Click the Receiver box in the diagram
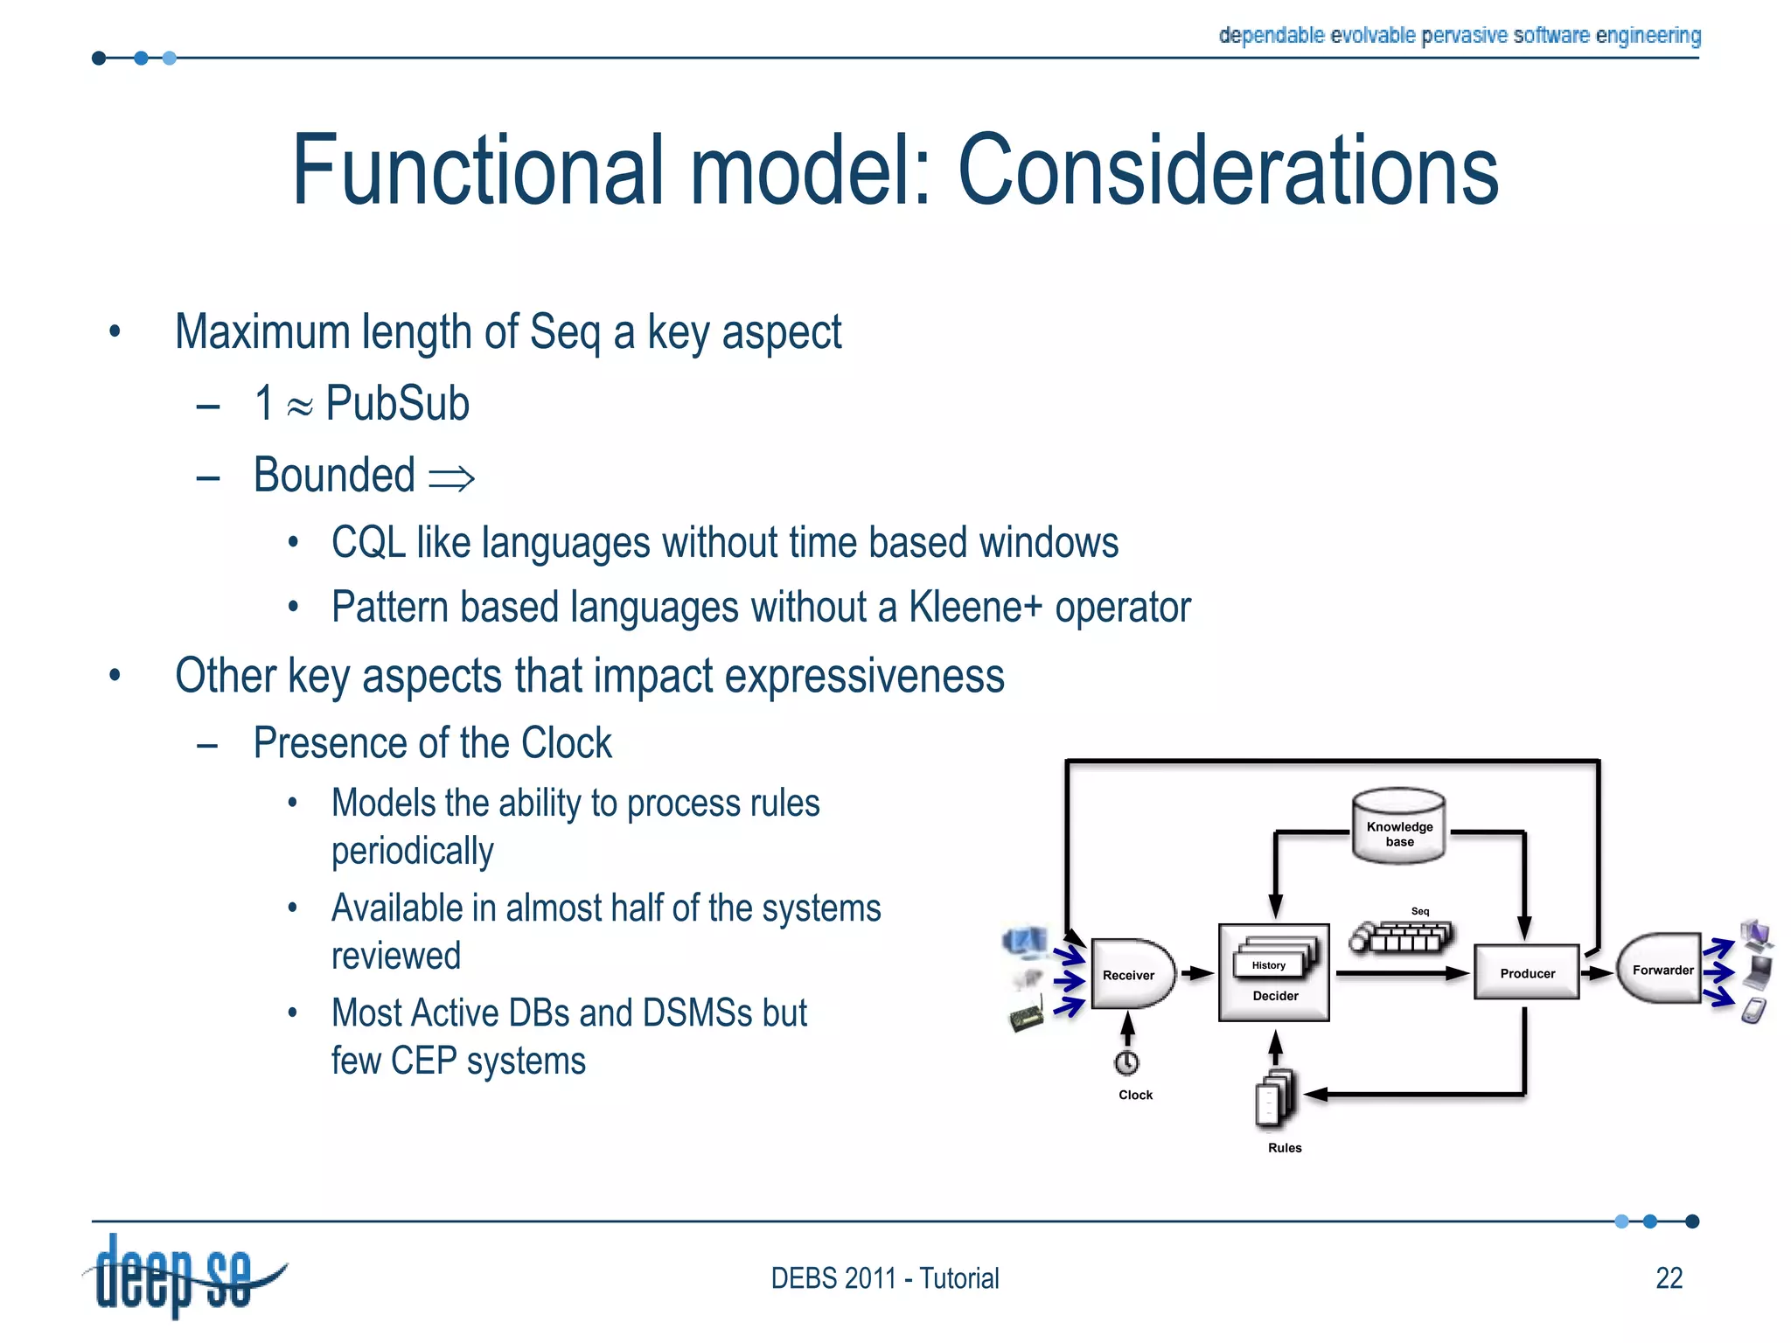(1130, 974)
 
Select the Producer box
(1527, 972)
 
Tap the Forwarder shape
(1660, 969)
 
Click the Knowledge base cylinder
(1398, 828)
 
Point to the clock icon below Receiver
(1126, 1062)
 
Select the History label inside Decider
(1268, 965)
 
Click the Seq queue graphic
(1401, 937)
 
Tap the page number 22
(1669, 1278)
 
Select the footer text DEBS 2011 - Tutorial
(884, 1278)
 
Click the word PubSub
(397, 404)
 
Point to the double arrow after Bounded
(452, 478)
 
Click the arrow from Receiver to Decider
(1197, 973)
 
